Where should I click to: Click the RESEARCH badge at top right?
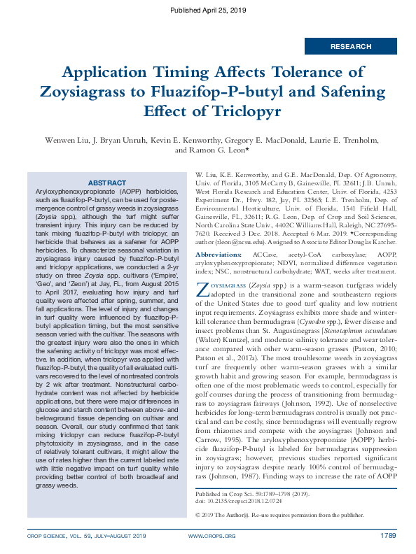pyautogui.click(x=351, y=47)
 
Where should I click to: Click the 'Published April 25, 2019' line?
pyautogui.click(x=208, y=10)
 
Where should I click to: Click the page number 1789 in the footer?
pyautogui.click(x=389, y=537)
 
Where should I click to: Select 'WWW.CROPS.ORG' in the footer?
pyautogui.click(x=212, y=537)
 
